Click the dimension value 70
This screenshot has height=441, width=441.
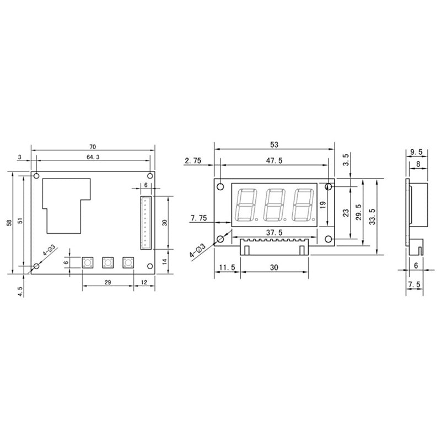[93, 147]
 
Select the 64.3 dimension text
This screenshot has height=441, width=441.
[93, 157]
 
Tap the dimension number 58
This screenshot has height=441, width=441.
[8, 223]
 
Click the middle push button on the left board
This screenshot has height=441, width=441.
[107, 262]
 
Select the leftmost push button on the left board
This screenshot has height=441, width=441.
[87, 262]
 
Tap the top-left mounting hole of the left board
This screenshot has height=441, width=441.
[36, 176]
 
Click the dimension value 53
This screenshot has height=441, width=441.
[274, 144]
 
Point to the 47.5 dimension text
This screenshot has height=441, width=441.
[274, 161]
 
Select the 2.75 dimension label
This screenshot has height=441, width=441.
[193, 161]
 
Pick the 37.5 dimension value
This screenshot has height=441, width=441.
[274, 232]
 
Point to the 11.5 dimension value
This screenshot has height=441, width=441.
[226, 267]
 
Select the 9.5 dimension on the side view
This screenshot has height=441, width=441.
[417, 152]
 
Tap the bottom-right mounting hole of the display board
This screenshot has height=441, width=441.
[328, 239]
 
